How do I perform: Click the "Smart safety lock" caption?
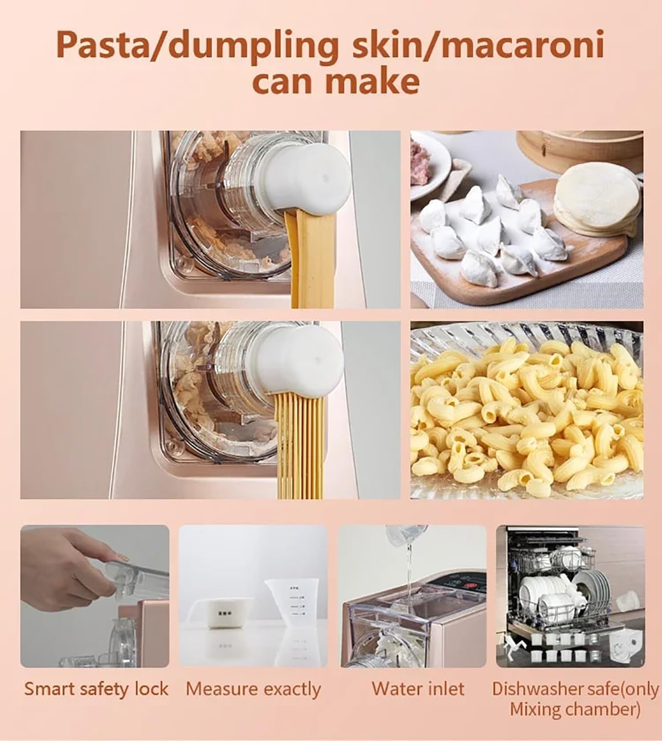point(96,689)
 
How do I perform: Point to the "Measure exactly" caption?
point(253,689)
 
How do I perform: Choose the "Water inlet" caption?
point(418,689)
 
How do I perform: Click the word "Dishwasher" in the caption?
point(538,689)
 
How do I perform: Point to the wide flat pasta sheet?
point(309,259)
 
